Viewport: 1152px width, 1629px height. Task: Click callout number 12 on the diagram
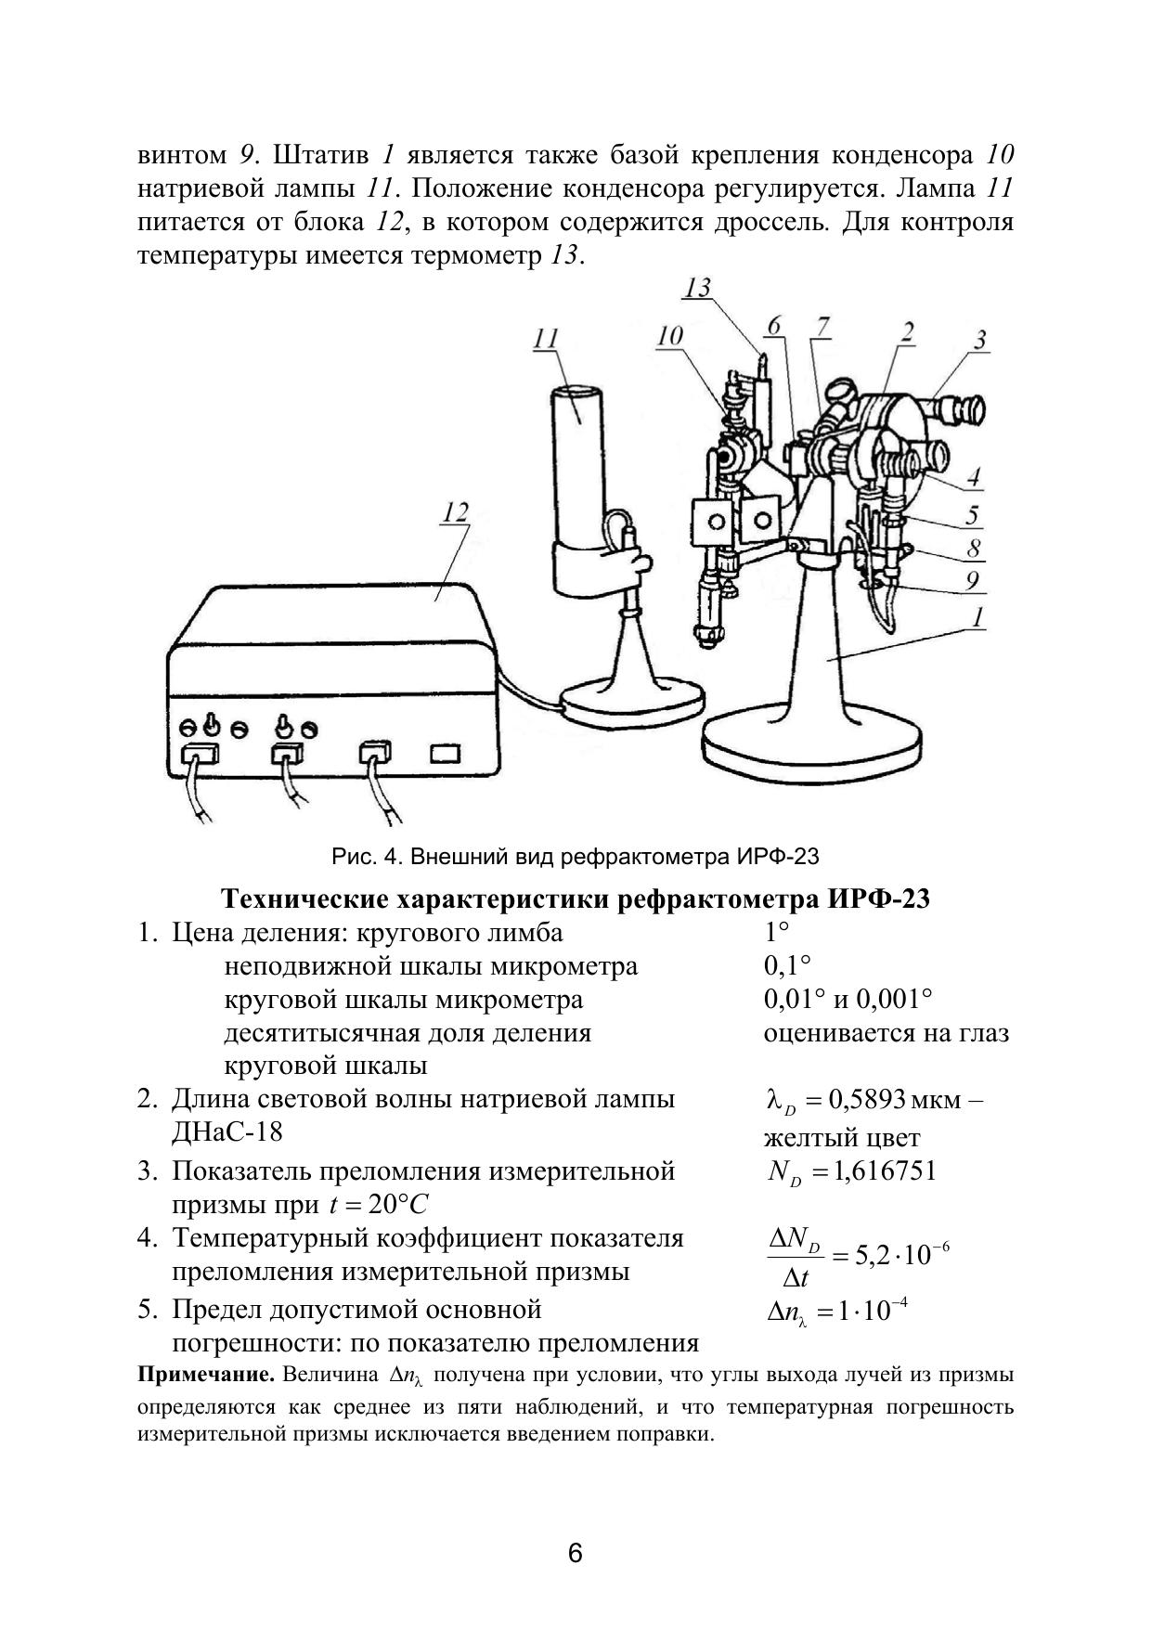[x=456, y=512]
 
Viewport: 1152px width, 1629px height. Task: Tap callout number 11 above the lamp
[x=545, y=340]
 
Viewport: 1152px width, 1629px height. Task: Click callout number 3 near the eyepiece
[x=979, y=340]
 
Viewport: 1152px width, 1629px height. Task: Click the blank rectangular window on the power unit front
[x=446, y=751]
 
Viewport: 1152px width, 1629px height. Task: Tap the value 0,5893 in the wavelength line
[x=868, y=1101]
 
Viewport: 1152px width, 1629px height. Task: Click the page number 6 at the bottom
[x=576, y=1552]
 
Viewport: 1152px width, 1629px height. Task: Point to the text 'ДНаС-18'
[x=227, y=1132]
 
